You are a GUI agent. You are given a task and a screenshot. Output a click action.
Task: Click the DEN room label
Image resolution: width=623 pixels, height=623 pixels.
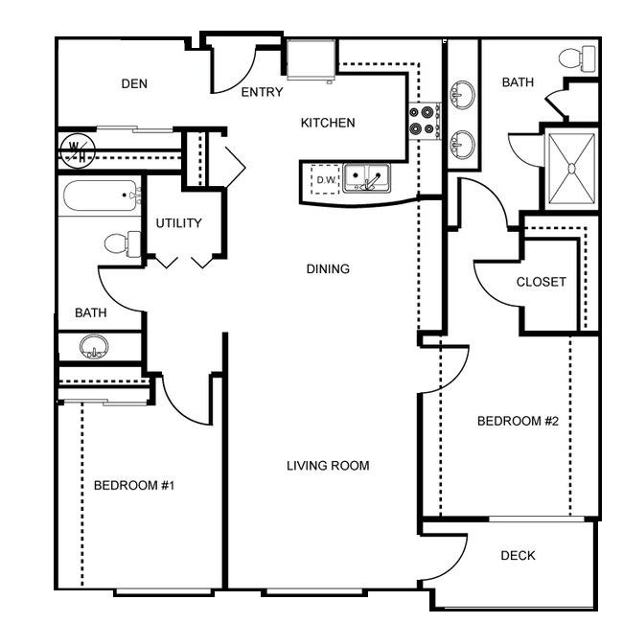[x=134, y=83]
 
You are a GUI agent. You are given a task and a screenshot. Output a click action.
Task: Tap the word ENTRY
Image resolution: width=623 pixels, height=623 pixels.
[x=263, y=92]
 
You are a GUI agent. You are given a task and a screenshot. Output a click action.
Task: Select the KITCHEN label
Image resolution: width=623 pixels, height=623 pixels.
[x=328, y=123]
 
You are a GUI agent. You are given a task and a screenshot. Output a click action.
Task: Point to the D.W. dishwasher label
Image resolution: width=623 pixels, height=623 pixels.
[x=327, y=180]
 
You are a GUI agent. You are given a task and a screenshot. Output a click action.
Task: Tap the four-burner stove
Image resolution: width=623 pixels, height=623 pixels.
[x=425, y=121]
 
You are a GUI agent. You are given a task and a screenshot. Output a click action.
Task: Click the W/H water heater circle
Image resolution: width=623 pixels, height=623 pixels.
[x=78, y=151]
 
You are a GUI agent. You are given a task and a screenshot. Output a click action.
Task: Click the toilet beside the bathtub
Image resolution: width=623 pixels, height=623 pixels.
[x=123, y=243]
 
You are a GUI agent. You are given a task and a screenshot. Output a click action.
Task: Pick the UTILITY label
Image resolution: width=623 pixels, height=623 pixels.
[x=179, y=223]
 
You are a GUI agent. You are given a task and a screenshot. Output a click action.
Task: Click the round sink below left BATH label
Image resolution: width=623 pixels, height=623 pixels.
[x=94, y=346]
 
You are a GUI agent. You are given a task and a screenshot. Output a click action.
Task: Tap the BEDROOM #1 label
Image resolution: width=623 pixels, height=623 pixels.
[x=134, y=485]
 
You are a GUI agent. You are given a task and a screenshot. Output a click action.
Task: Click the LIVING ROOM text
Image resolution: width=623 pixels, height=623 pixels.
[x=328, y=465]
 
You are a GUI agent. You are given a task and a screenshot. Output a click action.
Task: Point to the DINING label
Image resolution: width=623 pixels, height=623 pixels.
[x=328, y=269]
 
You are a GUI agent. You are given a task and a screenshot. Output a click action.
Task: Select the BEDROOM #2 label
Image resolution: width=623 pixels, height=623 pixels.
[x=519, y=421]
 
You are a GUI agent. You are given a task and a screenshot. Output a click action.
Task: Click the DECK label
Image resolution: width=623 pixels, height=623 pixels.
[x=519, y=555]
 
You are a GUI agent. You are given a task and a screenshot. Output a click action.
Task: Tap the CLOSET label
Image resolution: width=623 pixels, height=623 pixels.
[x=542, y=282]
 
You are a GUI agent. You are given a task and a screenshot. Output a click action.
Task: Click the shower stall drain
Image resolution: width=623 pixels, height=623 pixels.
[x=572, y=169]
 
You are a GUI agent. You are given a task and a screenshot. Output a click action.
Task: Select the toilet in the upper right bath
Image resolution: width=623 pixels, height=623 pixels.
[x=577, y=58]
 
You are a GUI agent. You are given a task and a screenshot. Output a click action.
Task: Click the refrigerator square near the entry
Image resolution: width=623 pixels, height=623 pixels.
[x=311, y=59]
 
